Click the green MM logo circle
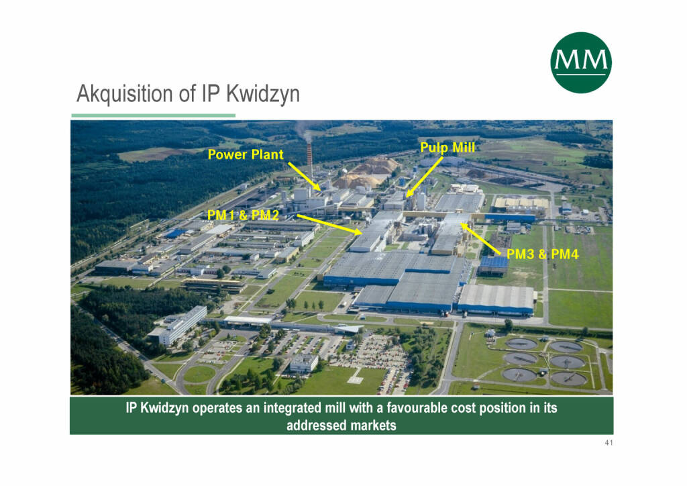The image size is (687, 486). [x=580, y=62]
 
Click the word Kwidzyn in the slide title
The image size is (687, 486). [x=263, y=95]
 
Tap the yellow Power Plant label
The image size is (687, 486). [x=246, y=154]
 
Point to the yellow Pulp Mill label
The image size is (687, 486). [x=447, y=148]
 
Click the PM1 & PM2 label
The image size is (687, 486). [x=243, y=215]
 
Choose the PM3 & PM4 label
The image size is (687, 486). [x=542, y=254]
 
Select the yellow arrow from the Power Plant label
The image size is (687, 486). [x=305, y=177]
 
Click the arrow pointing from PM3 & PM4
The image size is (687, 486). [x=480, y=239]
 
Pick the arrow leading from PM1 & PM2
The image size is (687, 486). [x=330, y=224]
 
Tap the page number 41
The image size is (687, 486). [x=609, y=443]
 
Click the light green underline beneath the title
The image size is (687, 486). [x=154, y=115]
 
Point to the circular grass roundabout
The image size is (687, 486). [x=199, y=375]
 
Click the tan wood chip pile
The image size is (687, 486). [x=367, y=173]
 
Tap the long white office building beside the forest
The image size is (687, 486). [x=178, y=325]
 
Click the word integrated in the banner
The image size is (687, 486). [x=292, y=408]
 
